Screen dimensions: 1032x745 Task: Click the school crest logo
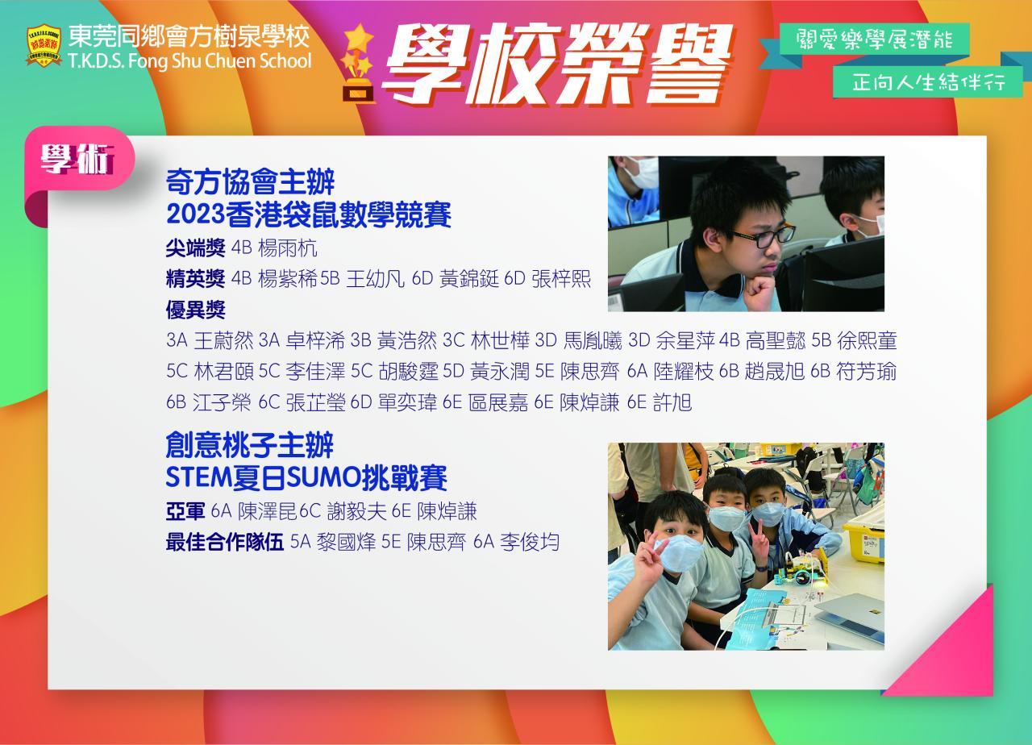tap(44, 46)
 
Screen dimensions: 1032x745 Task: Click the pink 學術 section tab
tap(79, 159)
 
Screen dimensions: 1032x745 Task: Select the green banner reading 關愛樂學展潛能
tap(874, 40)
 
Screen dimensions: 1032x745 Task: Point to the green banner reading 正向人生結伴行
tap(928, 82)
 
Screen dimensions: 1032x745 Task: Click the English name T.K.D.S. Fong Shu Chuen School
tap(189, 61)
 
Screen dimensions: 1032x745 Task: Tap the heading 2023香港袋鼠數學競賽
tap(308, 214)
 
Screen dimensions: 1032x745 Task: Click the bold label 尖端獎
tap(195, 248)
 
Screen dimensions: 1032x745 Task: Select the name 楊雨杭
tap(288, 248)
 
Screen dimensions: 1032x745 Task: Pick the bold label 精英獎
tap(195, 279)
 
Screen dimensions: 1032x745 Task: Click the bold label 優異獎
tap(195, 310)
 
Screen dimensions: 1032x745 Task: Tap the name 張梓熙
tap(561, 279)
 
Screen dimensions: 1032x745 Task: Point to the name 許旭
tap(672, 402)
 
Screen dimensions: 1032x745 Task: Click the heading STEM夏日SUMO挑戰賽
tap(306, 478)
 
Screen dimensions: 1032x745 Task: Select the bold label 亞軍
tap(185, 511)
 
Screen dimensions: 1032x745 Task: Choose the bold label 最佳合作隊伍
tap(224, 543)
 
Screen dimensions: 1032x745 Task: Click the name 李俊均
tap(530, 543)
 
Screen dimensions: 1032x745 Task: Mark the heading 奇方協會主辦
tap(250, 182)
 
